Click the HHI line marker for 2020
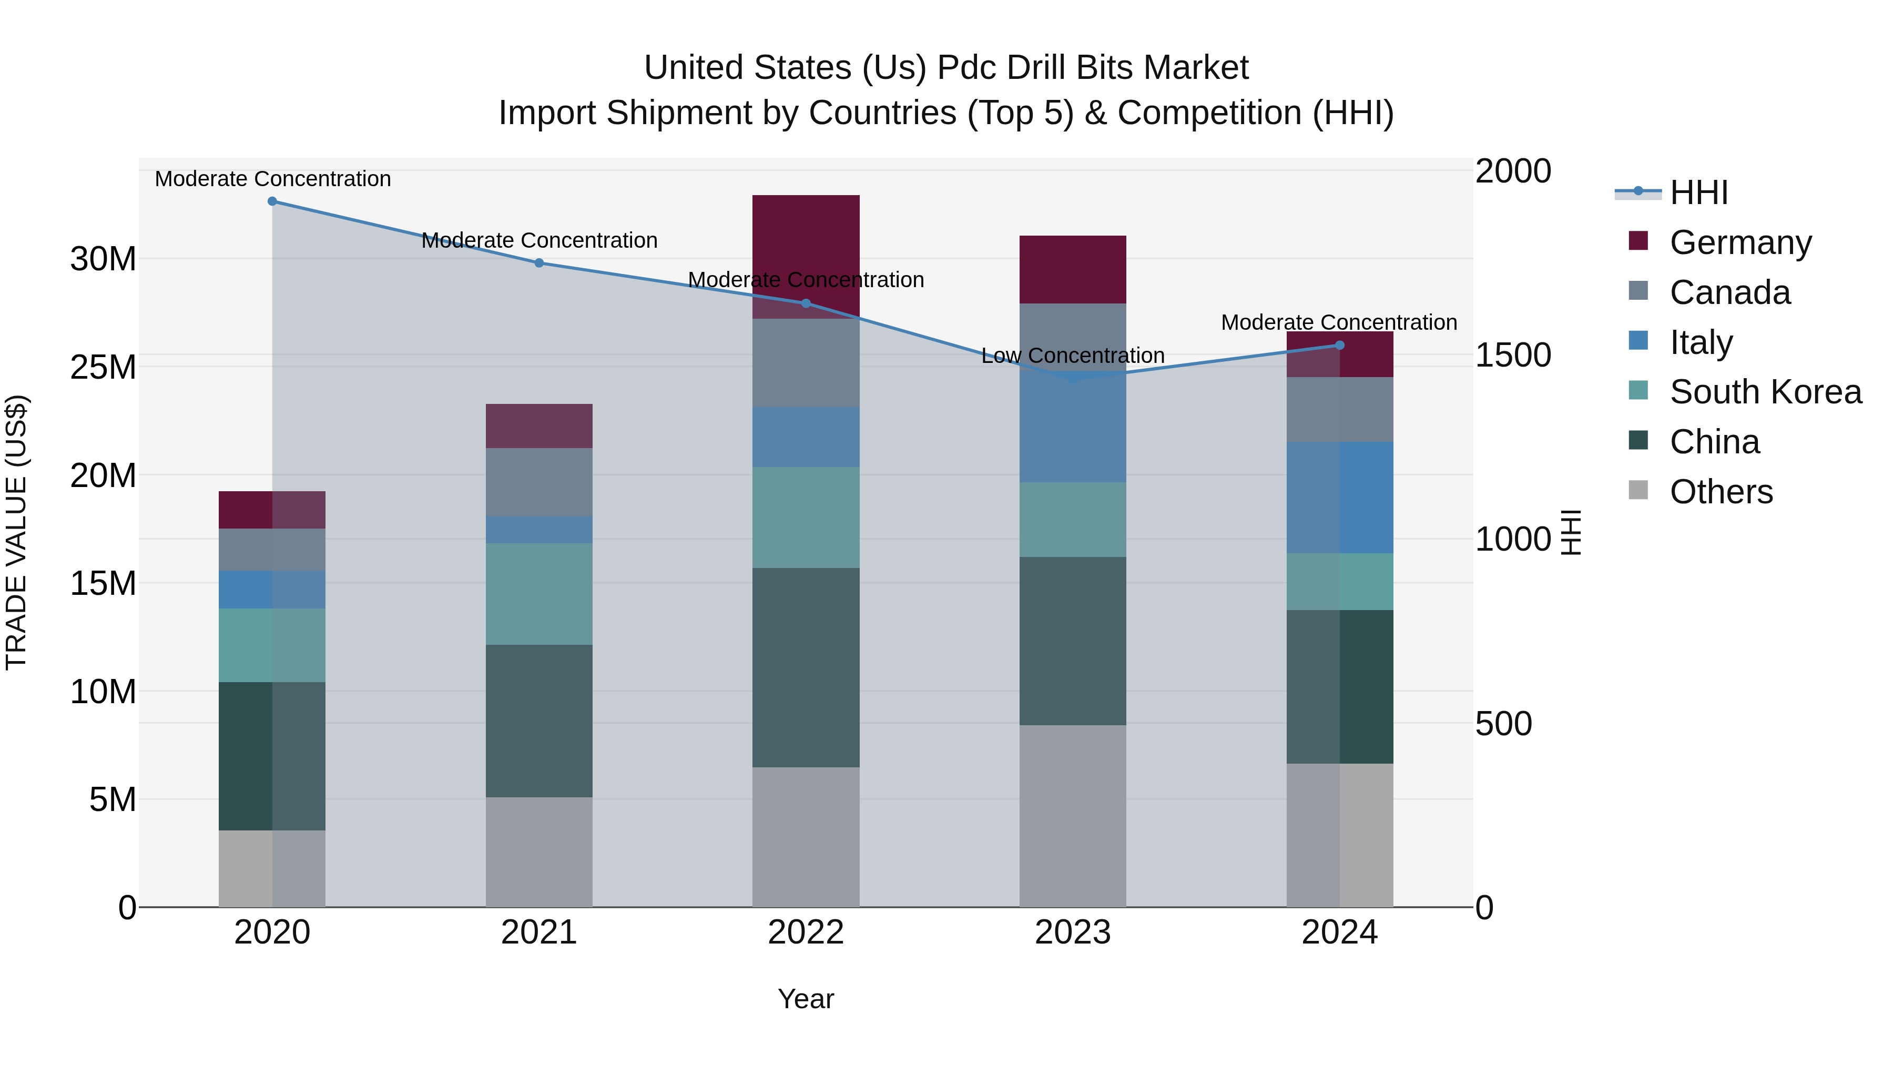click(x=272, y=201)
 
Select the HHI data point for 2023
click(x=1072, y=379)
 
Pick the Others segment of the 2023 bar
click(x=1072, y=816)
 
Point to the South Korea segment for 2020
click(x=272, y=645)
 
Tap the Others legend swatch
click(x=1638, y=490)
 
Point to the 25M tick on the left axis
click(x=103, y=367)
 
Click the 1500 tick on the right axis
click(x=1512, y=355)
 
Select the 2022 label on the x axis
click(x=806, y=932)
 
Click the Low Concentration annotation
click(x=1072, y=356)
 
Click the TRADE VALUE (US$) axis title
click(x=16, y=532)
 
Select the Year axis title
click(x=806, y=999)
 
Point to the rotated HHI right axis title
click(x=1570, y=532)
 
